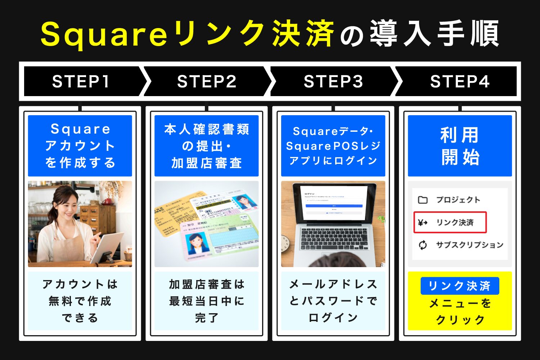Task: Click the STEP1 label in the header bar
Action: (x=81, y=82)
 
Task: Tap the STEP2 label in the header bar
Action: (x=207, y=82)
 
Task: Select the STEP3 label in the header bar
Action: (x=333, y=82)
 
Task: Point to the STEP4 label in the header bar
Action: (x=460, y=82)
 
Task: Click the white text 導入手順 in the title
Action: (x=434, y=34)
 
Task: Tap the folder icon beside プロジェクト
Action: (x=423, y=200)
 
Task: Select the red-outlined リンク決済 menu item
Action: (x=450, y=222)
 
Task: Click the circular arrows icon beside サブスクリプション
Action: (x=423, y=245)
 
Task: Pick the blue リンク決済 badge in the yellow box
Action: (x=460, y=286)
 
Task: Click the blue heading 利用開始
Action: (x=460, y=146)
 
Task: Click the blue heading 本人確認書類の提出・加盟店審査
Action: (x=207, y=146)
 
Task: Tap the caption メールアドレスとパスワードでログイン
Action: (x=333, y=301)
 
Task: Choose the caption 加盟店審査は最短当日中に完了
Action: (x=207, y=301)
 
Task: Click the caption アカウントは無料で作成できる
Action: (x=80, y=301)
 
